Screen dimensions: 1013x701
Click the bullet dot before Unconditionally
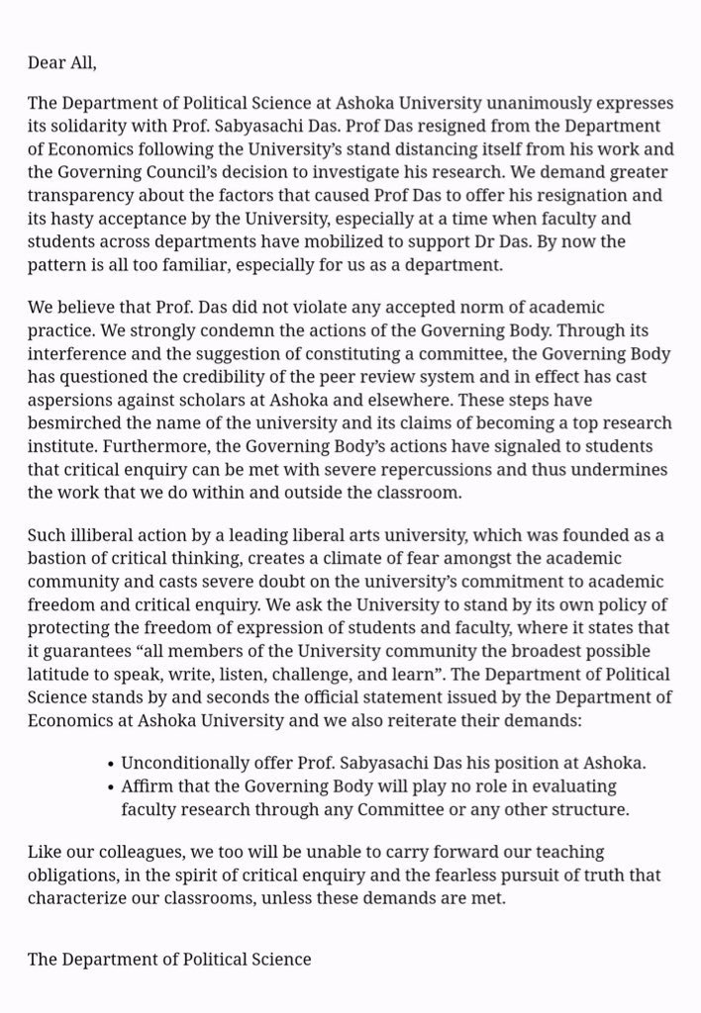[x=109, y=765]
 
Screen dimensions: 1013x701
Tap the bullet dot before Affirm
[x=109, y=787]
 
